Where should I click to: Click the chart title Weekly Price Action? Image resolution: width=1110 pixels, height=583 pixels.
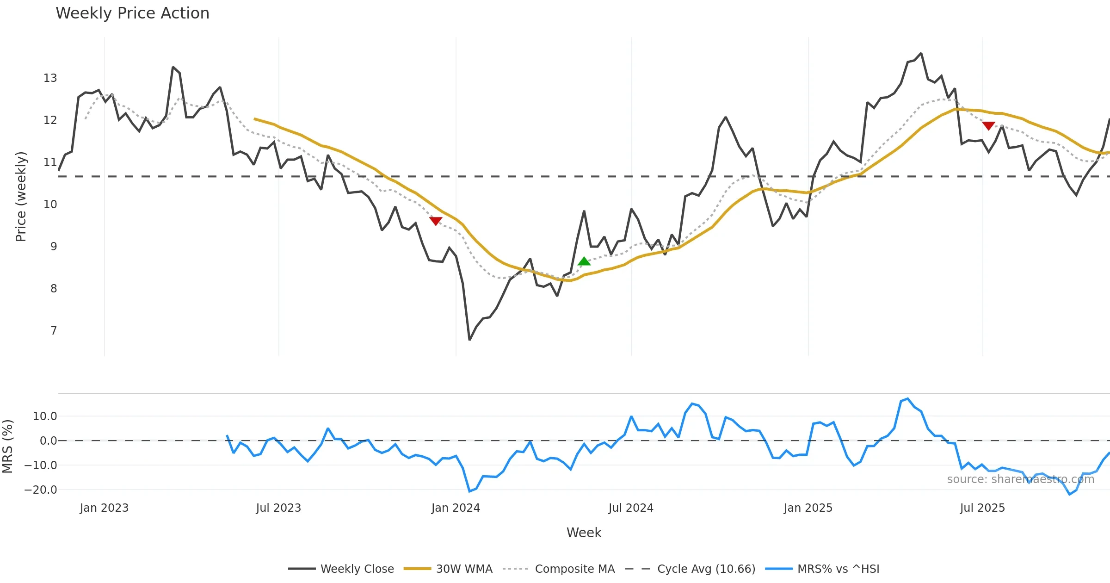[x=132, y=13]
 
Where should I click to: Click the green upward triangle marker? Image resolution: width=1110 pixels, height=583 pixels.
[x=584, y=261]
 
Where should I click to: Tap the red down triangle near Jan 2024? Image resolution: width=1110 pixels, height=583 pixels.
[x=436, y=221]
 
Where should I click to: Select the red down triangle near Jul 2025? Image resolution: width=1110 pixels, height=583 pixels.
[x=989, y=126]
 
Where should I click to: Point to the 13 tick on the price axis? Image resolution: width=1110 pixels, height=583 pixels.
[x=50, y=78]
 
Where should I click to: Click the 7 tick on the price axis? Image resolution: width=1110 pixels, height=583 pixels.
[x=54, y=331]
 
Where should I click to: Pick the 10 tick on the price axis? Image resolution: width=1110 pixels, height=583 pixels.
[x=50, y=205]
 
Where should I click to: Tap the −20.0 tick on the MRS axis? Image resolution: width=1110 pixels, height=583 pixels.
[x=41, y=490]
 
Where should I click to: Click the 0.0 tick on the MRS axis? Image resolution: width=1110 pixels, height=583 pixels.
[x=48, y=441]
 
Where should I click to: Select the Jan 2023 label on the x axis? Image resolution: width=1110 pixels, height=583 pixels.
[x=104, y=508]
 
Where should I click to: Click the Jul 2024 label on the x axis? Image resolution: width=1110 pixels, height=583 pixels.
[x=631, y=508]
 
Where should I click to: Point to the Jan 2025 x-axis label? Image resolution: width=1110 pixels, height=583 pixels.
[x=808, y=508]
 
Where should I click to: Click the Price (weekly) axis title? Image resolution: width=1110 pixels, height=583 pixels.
[x=21, y=197]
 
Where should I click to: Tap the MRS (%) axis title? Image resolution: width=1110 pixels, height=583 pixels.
[x=8, y=447]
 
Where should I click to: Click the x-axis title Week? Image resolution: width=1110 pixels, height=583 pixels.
[x=584, y=533]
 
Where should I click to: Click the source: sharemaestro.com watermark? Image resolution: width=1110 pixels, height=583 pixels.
[x=1020, y=479]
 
